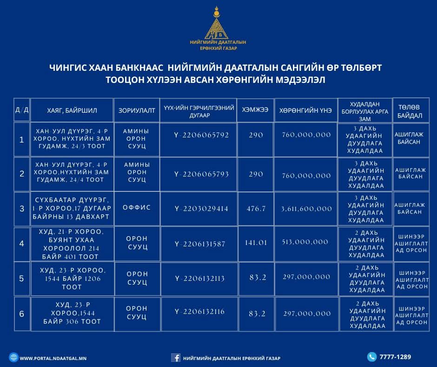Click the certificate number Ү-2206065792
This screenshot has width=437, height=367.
point(201,135)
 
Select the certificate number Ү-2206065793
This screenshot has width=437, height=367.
point(201,174)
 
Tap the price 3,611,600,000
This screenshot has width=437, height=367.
point(306,209)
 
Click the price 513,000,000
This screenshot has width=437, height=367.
point(305,242)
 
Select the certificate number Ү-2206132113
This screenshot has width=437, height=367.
point(200,279)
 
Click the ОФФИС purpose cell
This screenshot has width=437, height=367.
point(137,208)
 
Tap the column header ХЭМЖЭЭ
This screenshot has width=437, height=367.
point(255,110)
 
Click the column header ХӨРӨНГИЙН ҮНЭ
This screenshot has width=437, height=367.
point(305,111)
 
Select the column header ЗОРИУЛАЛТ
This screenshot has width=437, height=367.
point(137,111)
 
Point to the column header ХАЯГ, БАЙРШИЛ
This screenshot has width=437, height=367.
point(72,111)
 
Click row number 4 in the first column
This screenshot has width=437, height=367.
point(21,244)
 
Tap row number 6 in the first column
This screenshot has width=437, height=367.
point(21,314)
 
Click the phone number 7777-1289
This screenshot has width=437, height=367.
point(395,357)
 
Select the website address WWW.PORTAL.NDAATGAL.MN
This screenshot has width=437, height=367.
point(53,358)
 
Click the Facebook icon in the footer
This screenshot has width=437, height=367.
point(176,358)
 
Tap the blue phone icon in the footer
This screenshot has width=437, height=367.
point(371,357)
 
